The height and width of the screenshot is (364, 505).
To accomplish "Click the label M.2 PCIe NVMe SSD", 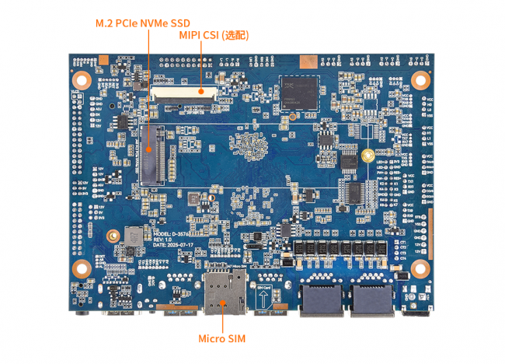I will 143,23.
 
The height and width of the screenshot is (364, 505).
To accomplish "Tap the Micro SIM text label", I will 221,338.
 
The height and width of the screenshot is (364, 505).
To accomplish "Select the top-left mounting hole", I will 81,79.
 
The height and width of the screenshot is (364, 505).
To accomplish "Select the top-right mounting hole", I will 420,79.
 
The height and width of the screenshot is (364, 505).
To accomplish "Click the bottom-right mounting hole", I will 420,268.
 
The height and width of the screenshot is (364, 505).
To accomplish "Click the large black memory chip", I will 298,93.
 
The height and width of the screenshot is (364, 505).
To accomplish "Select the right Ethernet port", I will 371,298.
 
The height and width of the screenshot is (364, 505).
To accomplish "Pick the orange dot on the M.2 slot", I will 148,149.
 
